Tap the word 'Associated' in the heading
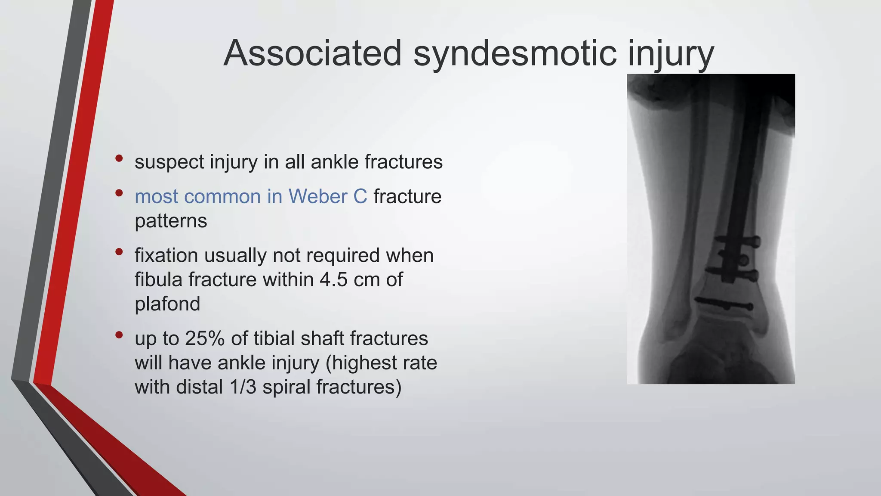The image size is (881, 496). click(312, 53)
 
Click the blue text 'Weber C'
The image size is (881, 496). click(328, 197)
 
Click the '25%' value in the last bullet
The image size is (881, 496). click(205, 338)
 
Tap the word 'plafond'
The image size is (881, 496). click(167, 304)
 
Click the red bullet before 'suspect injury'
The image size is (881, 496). click(119, 158)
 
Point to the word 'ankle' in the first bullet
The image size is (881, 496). click(334, 162)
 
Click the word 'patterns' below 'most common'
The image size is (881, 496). click(171, 221)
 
